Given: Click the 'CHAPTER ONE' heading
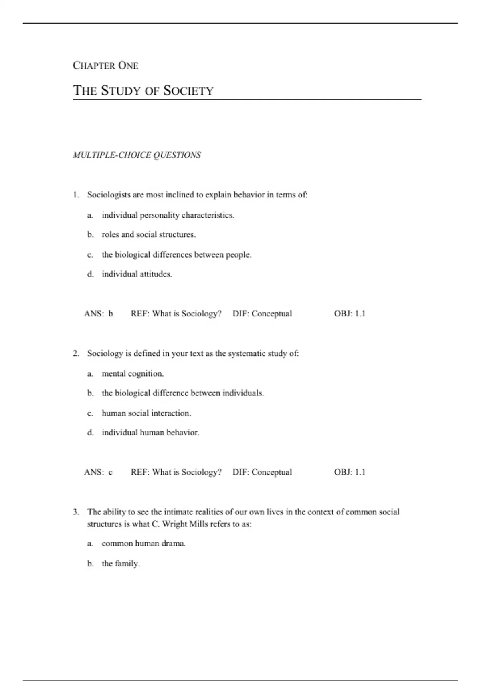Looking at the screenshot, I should (x=105, y=65).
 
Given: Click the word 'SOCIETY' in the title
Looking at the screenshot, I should (x=188, y=91).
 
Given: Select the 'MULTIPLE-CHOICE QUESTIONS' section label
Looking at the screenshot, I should (x=137, y=155).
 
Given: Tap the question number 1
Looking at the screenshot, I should (x=75, y=195).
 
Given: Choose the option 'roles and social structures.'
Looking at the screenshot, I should (x=148, y=235).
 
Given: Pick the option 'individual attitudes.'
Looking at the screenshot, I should (x=137, y=274).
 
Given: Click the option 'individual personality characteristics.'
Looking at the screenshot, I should (x=168, y=215).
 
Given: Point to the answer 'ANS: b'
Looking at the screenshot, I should (x=99, y=314).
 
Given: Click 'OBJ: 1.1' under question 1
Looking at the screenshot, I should (x=350, y=314).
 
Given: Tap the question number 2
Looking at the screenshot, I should (x=75, y=353).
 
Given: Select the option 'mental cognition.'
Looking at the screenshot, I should (x=133, y=374).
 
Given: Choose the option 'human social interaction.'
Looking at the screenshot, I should (x=146, y=413).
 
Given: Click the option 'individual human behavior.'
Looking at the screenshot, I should (x=150, y=433).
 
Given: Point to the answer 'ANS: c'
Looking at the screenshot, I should (x=98, y=472).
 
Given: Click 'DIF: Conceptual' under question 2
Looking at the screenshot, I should (x=262, y=472).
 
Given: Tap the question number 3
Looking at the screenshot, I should (x=75, y=512).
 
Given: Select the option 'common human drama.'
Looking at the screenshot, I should (x=143, y=544).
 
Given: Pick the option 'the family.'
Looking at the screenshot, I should (x=121, y=564).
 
